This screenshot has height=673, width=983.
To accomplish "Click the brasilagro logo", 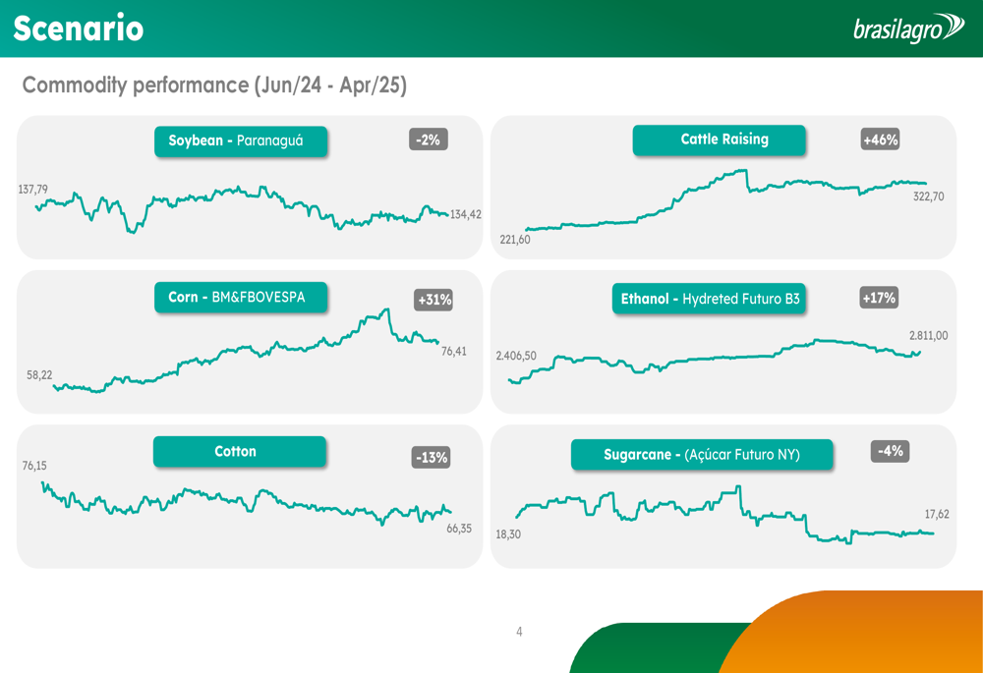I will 908,28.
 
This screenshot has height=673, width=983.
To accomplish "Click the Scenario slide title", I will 79,28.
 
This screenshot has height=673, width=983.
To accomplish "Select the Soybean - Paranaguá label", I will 240,140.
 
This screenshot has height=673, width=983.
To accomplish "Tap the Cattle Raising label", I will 719,140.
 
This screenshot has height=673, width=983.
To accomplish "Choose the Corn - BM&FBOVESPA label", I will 240,297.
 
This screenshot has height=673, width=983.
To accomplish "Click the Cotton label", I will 239,452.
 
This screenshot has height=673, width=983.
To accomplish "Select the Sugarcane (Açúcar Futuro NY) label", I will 702,455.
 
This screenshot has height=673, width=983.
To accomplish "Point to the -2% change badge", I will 428,140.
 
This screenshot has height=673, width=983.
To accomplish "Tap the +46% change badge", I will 880,140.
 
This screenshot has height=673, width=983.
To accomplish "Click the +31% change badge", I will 434,300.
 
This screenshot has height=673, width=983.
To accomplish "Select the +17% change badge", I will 879,297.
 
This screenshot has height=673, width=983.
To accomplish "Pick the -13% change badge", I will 431,457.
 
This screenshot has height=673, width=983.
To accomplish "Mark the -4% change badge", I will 890,451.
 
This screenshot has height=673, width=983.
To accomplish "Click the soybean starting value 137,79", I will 32,189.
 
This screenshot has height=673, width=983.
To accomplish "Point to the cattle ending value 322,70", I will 928,196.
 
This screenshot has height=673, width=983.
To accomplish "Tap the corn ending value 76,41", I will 453,351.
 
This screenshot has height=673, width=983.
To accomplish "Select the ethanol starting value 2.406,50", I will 516,356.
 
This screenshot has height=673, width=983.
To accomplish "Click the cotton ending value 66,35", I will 459,528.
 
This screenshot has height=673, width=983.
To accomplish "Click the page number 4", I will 520,632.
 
